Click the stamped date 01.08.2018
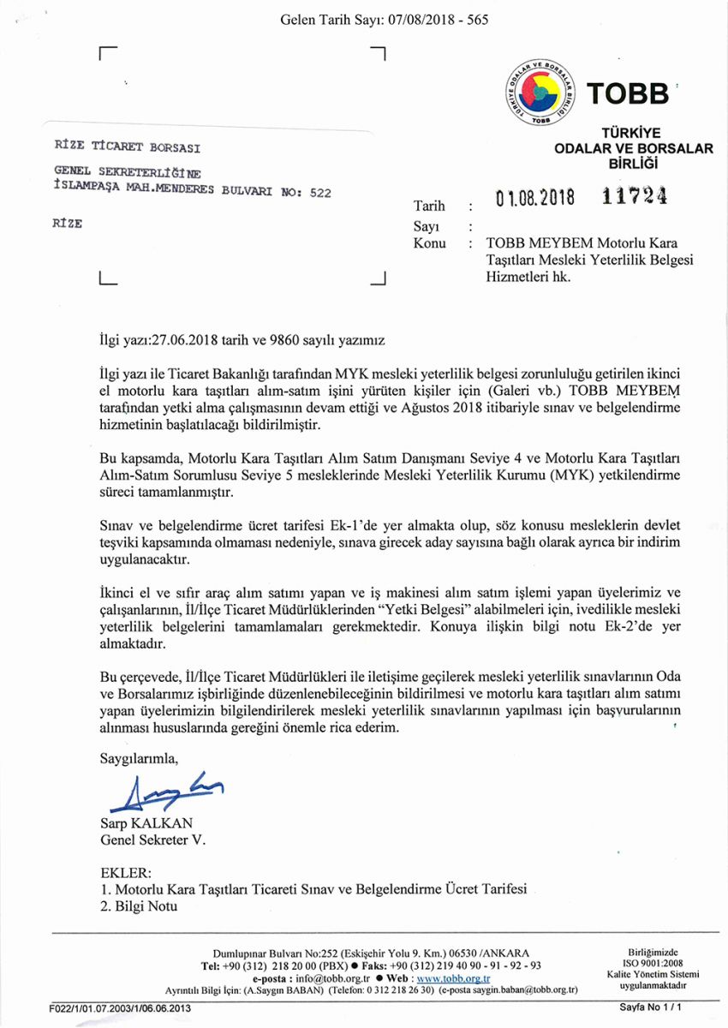click(534, 199)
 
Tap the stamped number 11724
click(634, 197)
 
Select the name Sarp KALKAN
click(146, 824)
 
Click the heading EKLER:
click(126, 874)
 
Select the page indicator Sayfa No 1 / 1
click(649, 1008)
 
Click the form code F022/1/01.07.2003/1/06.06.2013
click(121, 1008)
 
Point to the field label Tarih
click(429, 206)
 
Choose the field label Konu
click(429, 242)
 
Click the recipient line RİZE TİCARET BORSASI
click(127, 146)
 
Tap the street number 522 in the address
click(319, 193)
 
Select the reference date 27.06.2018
click(186, 339)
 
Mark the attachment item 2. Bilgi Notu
click(139, 906)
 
